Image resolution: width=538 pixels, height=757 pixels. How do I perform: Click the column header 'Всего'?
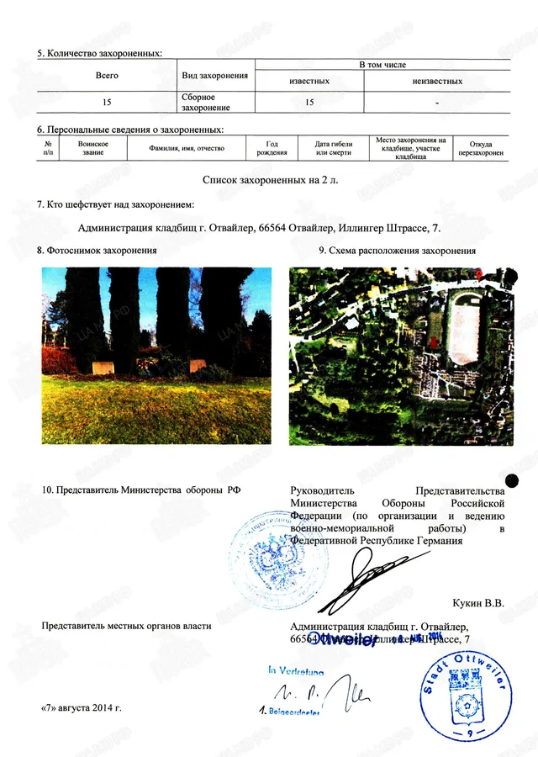[106, 76]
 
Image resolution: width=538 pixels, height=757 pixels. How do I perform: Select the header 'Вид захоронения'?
[215, 76]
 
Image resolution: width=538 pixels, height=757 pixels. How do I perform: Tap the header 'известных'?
[309, 82]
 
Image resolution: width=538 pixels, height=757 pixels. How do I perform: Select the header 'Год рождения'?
[272, 148]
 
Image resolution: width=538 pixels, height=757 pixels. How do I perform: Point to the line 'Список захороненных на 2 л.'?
[268, 179]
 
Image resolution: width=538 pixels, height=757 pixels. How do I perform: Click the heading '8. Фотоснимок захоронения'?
[98, 251]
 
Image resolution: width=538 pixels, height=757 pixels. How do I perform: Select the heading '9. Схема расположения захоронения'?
[398, 251]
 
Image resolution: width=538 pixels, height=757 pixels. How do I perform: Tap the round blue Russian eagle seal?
[268, 548]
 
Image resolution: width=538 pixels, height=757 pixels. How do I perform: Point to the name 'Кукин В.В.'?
[477, 602]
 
